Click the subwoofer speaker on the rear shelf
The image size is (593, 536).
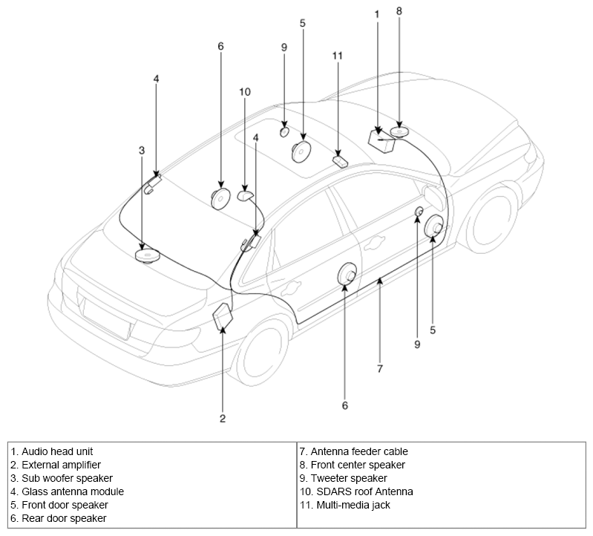click(x=148, y=255)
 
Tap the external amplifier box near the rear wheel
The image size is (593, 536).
click(x=223, y=315)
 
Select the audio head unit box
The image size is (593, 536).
click(x=381, y=141)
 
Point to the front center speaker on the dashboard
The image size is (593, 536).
click(x=399, y=131)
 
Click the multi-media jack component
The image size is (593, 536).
click(x=340, y=161)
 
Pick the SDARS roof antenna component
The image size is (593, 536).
click(x=246, y=195)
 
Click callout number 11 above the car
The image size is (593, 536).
click(x=338, y=56)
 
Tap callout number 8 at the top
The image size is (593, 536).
click(x=399, y=11)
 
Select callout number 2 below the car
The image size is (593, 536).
click(x=223, y=419)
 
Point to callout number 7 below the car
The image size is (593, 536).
click(x=380, y=368)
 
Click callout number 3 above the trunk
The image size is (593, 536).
click(x=142, y=151)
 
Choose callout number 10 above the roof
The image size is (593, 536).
click(x=245, y=92)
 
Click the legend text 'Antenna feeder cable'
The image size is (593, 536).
click(x=359, y=451)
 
